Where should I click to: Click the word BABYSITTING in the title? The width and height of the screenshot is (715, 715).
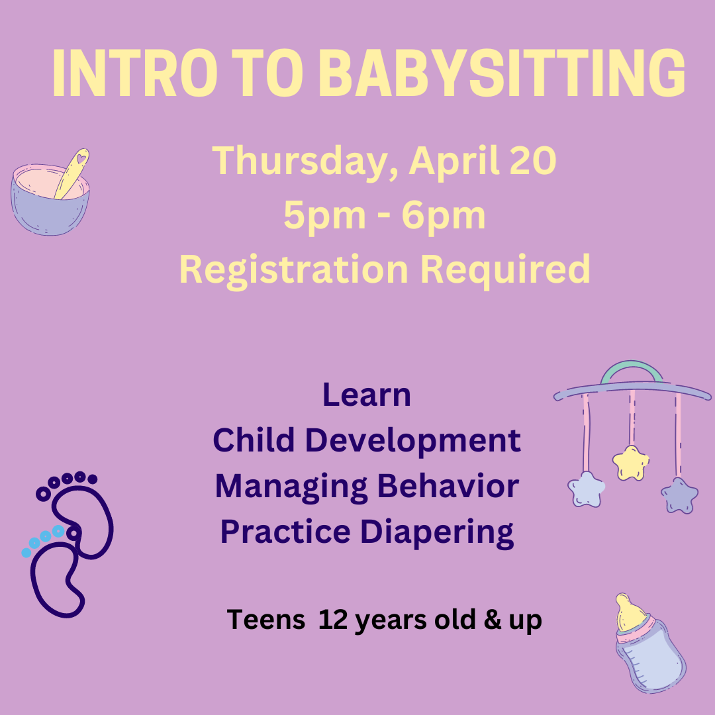(502, 73)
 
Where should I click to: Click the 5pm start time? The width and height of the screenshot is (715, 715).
(324, 216)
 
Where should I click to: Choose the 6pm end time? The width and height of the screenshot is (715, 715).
(443, 216)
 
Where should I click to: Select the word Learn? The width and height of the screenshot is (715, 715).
(367, 395)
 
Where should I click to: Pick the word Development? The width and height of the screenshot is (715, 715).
(412, 441)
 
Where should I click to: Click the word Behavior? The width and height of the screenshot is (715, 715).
(448, 486)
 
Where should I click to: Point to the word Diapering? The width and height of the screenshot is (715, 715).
(437, 532)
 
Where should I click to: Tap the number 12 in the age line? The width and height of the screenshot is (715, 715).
(333, 620)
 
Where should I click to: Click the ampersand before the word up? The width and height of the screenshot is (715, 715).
(493, 620)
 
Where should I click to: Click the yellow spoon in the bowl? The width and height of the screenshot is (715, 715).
(72, 173)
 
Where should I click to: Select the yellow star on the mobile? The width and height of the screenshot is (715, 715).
(631, 463)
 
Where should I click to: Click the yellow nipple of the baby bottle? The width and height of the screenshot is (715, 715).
(630, 612)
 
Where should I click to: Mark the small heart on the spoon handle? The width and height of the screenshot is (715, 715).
(81, 159)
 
